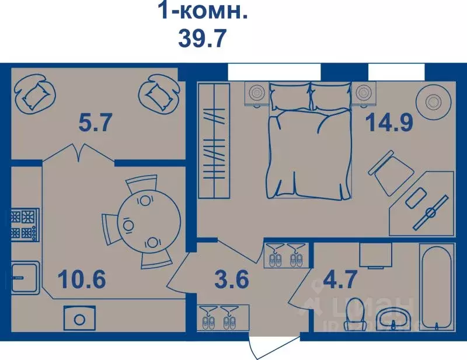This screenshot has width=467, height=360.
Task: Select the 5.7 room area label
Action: click(x=95, y=123)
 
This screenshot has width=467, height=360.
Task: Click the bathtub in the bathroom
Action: click(x=436, y=287)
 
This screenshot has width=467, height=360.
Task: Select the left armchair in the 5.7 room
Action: click(x=33, y=93)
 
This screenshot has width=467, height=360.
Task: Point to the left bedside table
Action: click(x=255, y=93)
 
